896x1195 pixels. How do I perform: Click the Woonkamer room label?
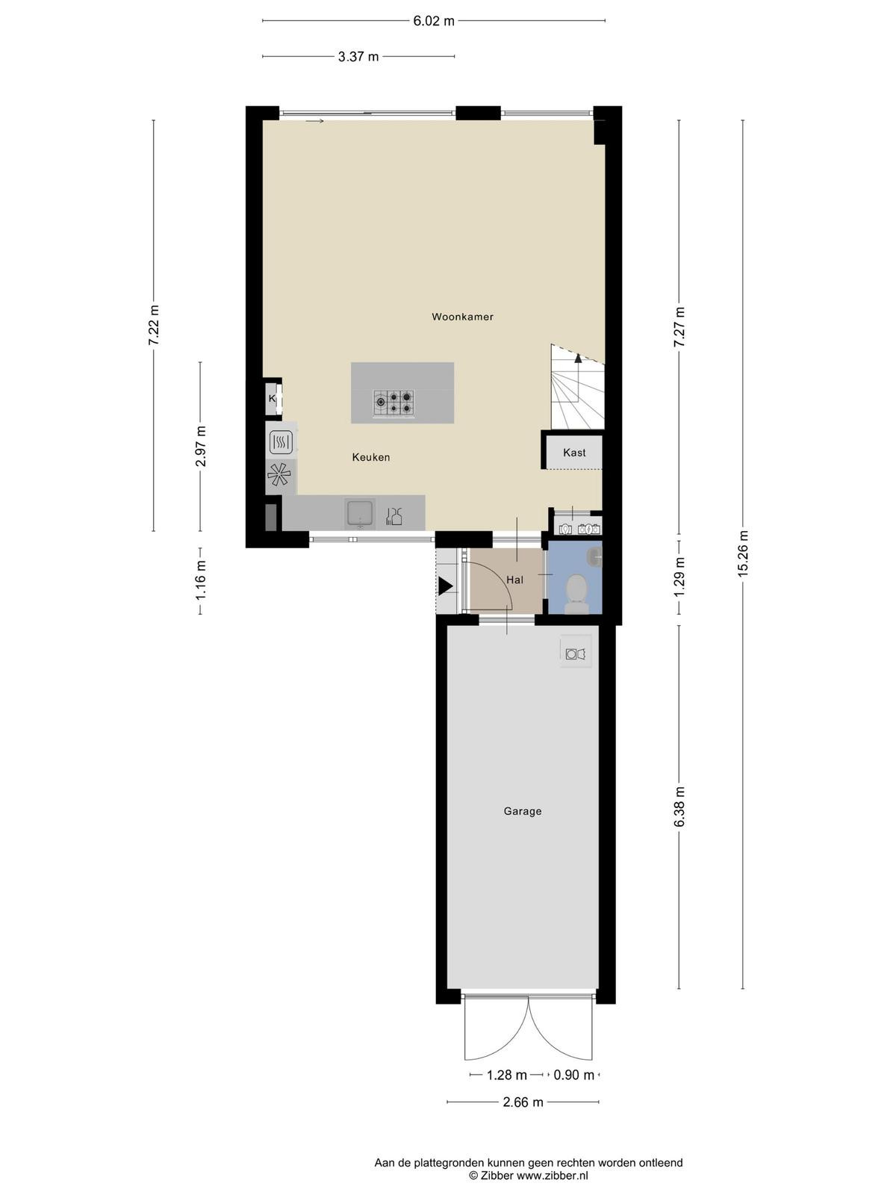[x=462, y=317]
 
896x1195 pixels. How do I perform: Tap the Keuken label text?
[x=371, y=457]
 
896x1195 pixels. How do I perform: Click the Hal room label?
[x=514, y=580]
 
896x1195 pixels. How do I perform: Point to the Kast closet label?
[x=574, y=453]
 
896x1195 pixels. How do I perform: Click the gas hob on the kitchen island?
[x=393, y=403]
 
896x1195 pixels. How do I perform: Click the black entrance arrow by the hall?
[x=446, y=586]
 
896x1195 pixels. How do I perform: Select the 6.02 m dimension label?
[x=434, y=21]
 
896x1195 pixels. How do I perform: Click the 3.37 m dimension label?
[x=358, y=57]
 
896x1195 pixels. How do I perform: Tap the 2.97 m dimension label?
[x=201, y=447]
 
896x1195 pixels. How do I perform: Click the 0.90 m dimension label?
[x=574, y=1075]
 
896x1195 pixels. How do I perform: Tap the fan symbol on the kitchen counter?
[x=279, y=475]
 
